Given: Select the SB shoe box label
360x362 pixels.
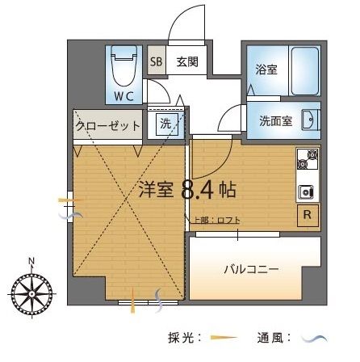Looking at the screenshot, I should pyautogui.click(x=156, y=61).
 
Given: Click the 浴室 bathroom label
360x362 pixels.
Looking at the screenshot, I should pyautogui.click(x=266, y=69).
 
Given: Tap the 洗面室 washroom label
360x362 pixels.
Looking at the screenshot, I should pyautogui.click(x=275, y=120).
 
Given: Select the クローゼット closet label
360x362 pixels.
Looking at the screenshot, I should pyautogui.click(x=108, y=125).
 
